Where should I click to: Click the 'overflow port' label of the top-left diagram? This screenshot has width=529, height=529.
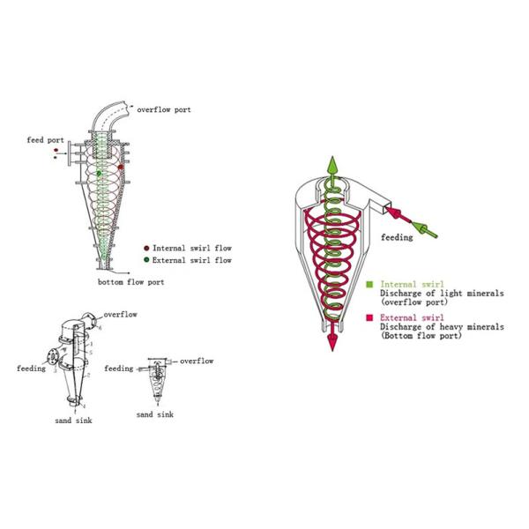click(164, 109)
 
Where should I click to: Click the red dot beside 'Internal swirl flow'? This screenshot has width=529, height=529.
click(146, 249)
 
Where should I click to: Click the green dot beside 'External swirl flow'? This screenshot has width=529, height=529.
click(146, 260)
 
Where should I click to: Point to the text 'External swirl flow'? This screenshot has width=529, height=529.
click(192, 260)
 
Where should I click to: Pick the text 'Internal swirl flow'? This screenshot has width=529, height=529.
click(192, 249)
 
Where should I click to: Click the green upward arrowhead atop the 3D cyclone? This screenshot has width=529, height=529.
click(334, 165)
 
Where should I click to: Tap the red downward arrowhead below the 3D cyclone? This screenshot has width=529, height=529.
click(334, 343)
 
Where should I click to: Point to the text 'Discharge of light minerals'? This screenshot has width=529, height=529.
click(433, 294)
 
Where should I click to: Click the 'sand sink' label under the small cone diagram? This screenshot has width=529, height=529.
click(155, 414)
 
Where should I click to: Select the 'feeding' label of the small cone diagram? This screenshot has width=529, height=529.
click(118, 368)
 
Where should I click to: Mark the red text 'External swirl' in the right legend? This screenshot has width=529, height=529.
click(408, 317)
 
